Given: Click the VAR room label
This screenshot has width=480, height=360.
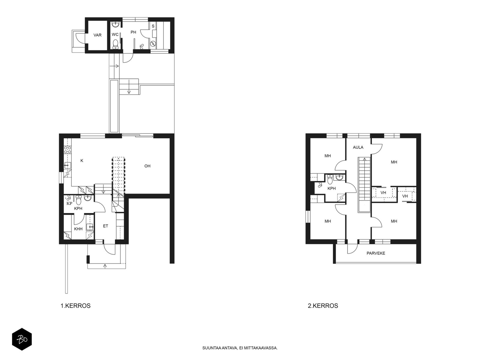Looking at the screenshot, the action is [x=97, y=35].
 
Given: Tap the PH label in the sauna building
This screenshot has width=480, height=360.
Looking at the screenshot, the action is [x=133, y=32].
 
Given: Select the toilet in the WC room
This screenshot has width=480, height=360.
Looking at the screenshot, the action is [x=115, y=44].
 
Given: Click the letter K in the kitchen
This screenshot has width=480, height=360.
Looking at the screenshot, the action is [x=82, y=161].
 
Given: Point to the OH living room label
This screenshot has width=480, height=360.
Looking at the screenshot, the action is [x=147, y=166].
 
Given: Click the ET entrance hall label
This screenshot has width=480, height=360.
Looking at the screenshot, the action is [x=105, y=226].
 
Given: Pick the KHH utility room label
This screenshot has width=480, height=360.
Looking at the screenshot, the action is [x=78, y=229].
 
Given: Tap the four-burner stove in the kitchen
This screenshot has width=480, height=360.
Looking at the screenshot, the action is [x=67, y=150].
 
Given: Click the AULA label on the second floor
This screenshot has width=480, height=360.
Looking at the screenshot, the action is [x=358, y=147].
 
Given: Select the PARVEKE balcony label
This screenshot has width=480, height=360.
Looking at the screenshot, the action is [x=376, y=253].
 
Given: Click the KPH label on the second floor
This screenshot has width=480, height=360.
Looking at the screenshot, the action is [x=331, y=188].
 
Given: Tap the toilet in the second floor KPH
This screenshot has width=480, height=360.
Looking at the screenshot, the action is [x=330, y=179].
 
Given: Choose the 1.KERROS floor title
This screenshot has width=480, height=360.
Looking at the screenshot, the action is [x=75, y=306].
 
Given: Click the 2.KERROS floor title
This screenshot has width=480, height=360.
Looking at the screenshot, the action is [x=323, y=306].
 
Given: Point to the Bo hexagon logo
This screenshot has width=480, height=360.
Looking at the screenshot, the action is [x=22, y=339].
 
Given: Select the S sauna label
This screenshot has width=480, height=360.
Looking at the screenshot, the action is [x=153, y=26].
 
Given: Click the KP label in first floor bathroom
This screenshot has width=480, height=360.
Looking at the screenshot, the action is [x=69, y=203].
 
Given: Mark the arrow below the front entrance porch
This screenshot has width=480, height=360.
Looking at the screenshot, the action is [x=105, y=266].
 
